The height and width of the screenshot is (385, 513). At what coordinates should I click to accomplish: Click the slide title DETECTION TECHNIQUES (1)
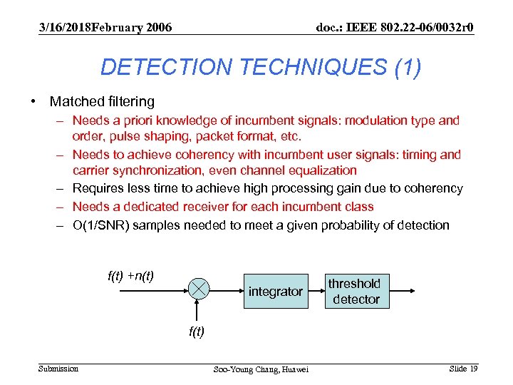260,67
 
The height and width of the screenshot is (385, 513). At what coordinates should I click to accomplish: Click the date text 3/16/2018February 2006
105,27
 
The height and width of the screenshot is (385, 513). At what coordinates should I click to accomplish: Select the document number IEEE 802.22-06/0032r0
395,27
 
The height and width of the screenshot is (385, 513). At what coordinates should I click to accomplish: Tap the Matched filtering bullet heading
102,102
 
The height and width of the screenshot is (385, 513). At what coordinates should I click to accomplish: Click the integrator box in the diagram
275,292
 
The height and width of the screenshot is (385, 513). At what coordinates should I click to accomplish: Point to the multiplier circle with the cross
199,289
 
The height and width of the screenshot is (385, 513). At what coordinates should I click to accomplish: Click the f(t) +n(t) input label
130,275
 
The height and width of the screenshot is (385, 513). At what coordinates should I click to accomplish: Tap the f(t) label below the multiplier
197,331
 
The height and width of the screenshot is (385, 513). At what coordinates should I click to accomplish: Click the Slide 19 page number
463,368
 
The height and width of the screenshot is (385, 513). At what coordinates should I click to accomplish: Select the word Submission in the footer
58,368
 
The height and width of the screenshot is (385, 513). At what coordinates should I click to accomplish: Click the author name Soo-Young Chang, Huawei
261,369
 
